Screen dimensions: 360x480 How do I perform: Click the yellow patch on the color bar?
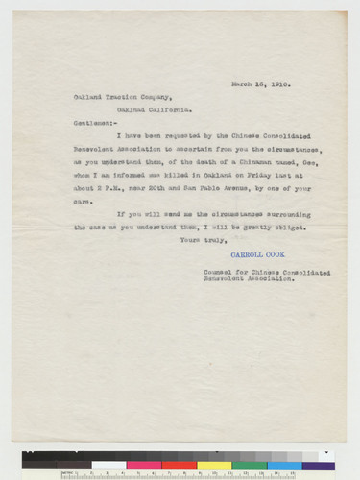pos(214,465)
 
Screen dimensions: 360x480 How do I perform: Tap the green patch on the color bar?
pos(248,465)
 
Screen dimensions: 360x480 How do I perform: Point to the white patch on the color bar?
pos(108,465)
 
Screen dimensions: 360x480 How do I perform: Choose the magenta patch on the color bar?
pos(144,465)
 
